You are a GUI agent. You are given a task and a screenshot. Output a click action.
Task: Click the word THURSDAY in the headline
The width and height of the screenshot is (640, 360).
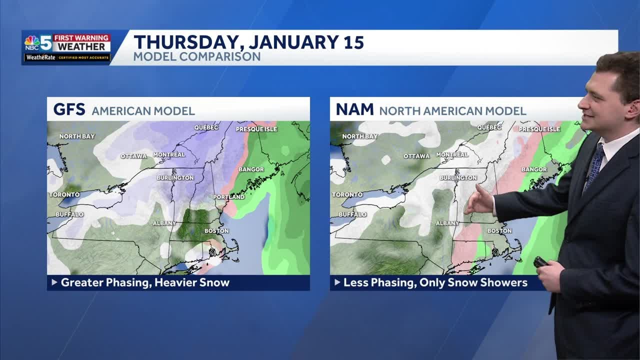point(186,42)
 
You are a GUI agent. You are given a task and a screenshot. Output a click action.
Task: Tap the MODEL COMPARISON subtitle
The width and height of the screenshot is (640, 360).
point(196,56)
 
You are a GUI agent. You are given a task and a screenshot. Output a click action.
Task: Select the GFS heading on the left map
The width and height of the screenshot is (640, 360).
point(69,109)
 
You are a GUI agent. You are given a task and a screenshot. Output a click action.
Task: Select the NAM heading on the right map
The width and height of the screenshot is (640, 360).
point(354,109)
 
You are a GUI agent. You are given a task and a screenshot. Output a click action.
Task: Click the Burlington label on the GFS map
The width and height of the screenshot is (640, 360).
point(175,177)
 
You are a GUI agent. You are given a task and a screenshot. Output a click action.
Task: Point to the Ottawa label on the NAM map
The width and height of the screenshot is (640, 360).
point(416,156)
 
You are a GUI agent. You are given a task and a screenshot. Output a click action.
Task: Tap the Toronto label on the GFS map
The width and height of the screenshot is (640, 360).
point(64,194)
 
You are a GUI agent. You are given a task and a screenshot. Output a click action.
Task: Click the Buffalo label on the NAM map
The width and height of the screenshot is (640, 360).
point(352,214)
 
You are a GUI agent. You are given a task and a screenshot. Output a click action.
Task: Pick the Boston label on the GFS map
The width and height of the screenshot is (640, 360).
point(216,231)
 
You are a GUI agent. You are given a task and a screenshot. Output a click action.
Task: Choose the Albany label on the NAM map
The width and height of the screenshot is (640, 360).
point(447,223)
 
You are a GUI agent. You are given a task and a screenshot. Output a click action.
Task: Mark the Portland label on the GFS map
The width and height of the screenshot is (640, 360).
point(229,197)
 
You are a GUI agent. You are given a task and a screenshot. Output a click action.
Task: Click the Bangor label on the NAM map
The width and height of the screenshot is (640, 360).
point(534,169)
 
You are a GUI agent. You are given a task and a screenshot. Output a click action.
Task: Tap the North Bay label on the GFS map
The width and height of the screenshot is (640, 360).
point(77,136)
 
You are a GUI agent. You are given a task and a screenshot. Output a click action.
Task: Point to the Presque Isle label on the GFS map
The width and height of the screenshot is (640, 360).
point(256,129)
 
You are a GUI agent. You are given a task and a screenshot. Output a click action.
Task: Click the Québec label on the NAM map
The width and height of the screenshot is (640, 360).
point(489,127)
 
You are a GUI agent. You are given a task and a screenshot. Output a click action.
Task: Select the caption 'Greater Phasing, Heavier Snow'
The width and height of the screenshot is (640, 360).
point(145,282)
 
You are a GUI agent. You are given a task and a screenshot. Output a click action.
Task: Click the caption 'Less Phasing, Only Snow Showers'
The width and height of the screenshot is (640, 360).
point(435,282)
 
